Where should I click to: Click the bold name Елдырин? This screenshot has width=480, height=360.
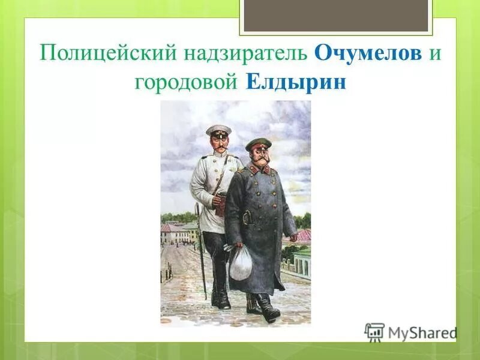(296, 82)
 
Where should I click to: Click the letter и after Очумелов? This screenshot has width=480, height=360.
(434, 53)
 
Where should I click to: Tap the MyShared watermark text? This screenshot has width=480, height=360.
(421, 332)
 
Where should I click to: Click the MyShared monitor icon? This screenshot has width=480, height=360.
(374, 332)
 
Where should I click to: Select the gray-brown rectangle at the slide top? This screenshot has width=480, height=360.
(335, 16)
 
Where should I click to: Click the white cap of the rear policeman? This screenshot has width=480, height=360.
(218, 130)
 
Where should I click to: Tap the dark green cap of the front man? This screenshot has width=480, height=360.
(258, 144)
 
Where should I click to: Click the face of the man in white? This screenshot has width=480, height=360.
(219, 143)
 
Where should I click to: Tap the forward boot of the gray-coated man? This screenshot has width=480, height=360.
(268, 309)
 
